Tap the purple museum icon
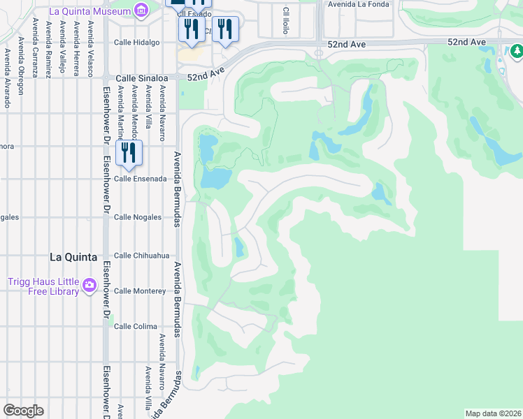142,10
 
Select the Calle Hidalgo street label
136,43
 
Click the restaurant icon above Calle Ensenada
128,153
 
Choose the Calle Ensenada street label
140,179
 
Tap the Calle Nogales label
138,217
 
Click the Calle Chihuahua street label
142,256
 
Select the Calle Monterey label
140,291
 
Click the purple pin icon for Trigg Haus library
89,285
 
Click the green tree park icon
516,51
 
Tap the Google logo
23,411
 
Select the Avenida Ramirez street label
48,49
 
